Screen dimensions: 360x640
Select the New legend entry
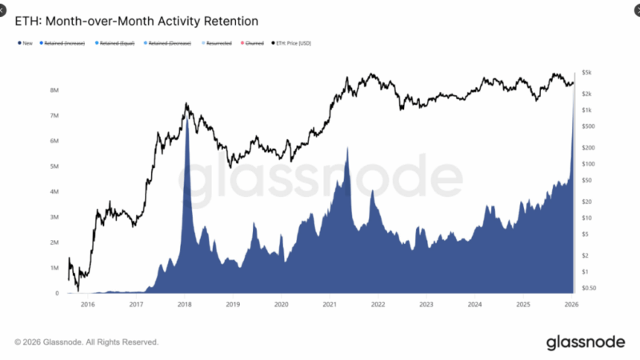pyautogui.click(x=25, y=43)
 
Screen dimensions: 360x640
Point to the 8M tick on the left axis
pyautogui.click(x=54, y=90)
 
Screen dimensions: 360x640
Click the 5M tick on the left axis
pyautogui.click(x=54, y=166)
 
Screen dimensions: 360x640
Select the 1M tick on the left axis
pyautogui.click(x=54, y=268)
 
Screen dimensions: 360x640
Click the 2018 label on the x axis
pyautogui.click(x=184, y=305)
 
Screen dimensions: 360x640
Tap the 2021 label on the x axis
pyautogui.click(x=330, y=305)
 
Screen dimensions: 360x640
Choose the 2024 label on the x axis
pyautogui.click(x=474, y=305)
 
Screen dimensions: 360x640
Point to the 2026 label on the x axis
pyautogui.click(x=572, y=305)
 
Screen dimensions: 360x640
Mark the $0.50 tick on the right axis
pyautogui.click(x=590, y=287)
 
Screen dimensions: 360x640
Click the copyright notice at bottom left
pyautogui.click(x=86, y=342)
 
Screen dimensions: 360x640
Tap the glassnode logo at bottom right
pyautogui.click(x=586, y=342)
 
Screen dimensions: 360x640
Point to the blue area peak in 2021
pyautogui.click(x=347, y=148)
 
